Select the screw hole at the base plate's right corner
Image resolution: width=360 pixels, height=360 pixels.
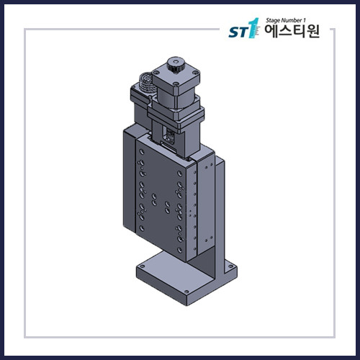pyautogui.click(x=233, y=272)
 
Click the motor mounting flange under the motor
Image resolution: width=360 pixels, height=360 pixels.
pyautogui.click(x=176, y=115)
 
